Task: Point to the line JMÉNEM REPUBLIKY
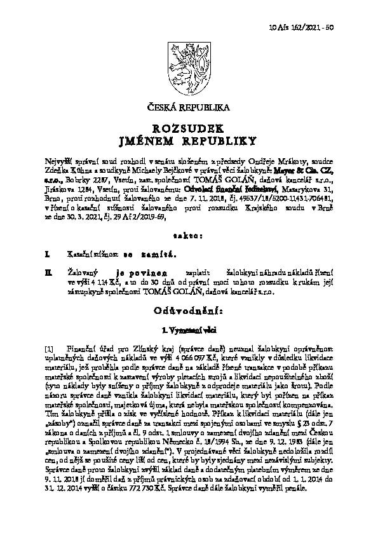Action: (x=189, y=140)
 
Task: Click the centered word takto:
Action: (x=189, y=236)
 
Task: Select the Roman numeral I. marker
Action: (x=48, y=254)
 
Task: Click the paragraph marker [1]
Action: (x=50, y=349)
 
